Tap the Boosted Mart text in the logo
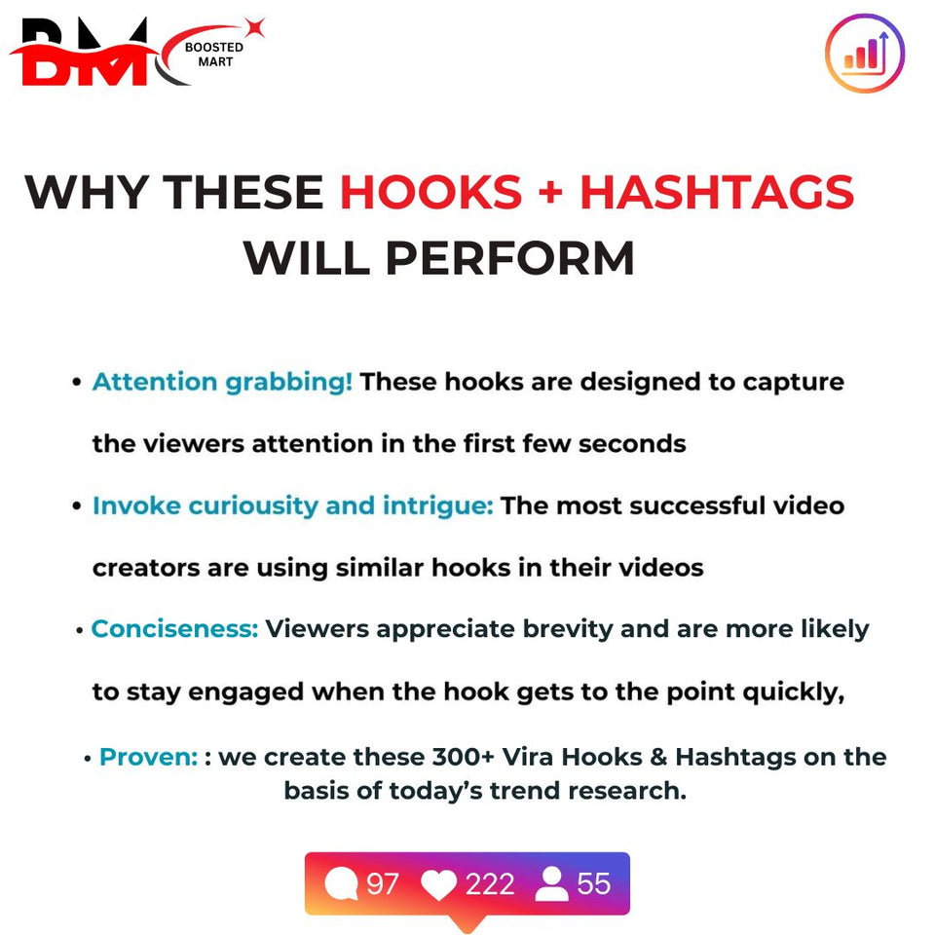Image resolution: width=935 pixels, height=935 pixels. coord(214,55)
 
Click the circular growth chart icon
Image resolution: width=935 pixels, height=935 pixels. coord(865,53)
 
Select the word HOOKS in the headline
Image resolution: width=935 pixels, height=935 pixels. coord(430,193)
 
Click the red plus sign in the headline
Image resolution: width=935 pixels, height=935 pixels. coord(550,193)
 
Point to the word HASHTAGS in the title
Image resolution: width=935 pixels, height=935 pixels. coord(717,193)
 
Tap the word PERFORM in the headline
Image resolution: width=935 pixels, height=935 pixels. coord(509,258)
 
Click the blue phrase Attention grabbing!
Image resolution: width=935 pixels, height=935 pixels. coord(222,382)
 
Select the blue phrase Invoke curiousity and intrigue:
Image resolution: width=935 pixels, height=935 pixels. coord(293,505)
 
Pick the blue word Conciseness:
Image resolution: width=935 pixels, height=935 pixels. coord(174,629)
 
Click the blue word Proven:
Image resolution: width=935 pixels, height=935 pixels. coord(148,757)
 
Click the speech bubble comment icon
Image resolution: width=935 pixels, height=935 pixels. coord(341,883)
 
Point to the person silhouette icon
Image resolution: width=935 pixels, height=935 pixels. coord(551,883)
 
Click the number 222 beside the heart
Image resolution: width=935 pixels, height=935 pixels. coord(490,883)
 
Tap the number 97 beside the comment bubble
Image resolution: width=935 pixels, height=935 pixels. coord(382,883)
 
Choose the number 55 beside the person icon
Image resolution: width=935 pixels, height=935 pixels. coord(594,883)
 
